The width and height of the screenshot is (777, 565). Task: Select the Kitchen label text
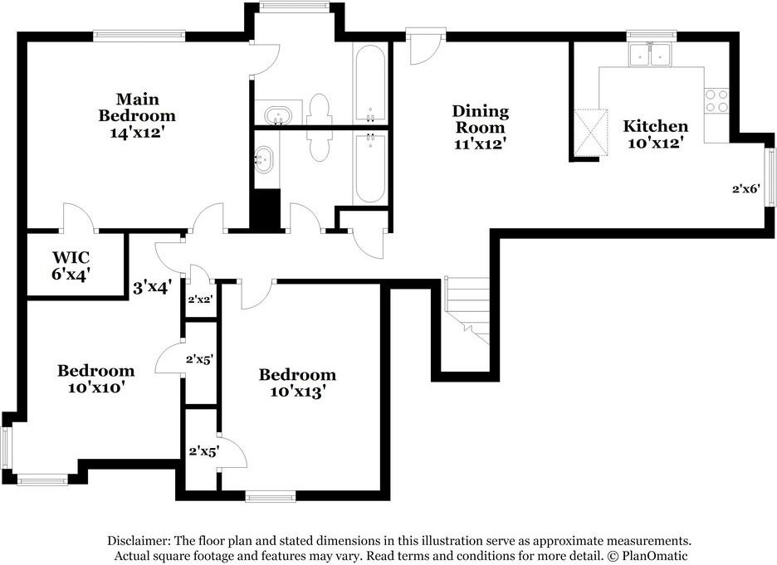655,126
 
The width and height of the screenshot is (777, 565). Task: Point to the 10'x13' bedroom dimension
297,392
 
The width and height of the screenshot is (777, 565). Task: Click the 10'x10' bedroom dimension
95,387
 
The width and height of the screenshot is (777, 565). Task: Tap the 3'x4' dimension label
152,287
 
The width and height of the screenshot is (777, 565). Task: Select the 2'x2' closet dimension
200,300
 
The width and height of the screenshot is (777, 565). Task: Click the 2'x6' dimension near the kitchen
746,188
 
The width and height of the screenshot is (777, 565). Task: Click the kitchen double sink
650,55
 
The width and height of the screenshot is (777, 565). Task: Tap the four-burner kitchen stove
716,100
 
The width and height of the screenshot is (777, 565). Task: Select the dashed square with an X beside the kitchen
590,133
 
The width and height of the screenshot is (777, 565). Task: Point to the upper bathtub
370,84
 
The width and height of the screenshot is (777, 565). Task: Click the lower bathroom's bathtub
370,168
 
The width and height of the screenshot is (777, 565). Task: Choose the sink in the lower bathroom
263,159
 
